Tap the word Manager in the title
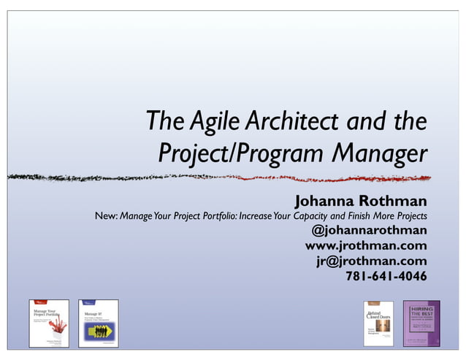pos(378,153)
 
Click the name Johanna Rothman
pos(361,201)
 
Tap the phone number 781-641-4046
pos(386,275)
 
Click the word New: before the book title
pos(107,216)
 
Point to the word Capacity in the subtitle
pos(310,216)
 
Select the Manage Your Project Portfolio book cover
pos(49,323)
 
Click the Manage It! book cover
pos(98,323)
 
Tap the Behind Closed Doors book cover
pos(378,323)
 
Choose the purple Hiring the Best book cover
pos(422,323)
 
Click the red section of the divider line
pos(343,177)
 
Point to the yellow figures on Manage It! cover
pos(98,329)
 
